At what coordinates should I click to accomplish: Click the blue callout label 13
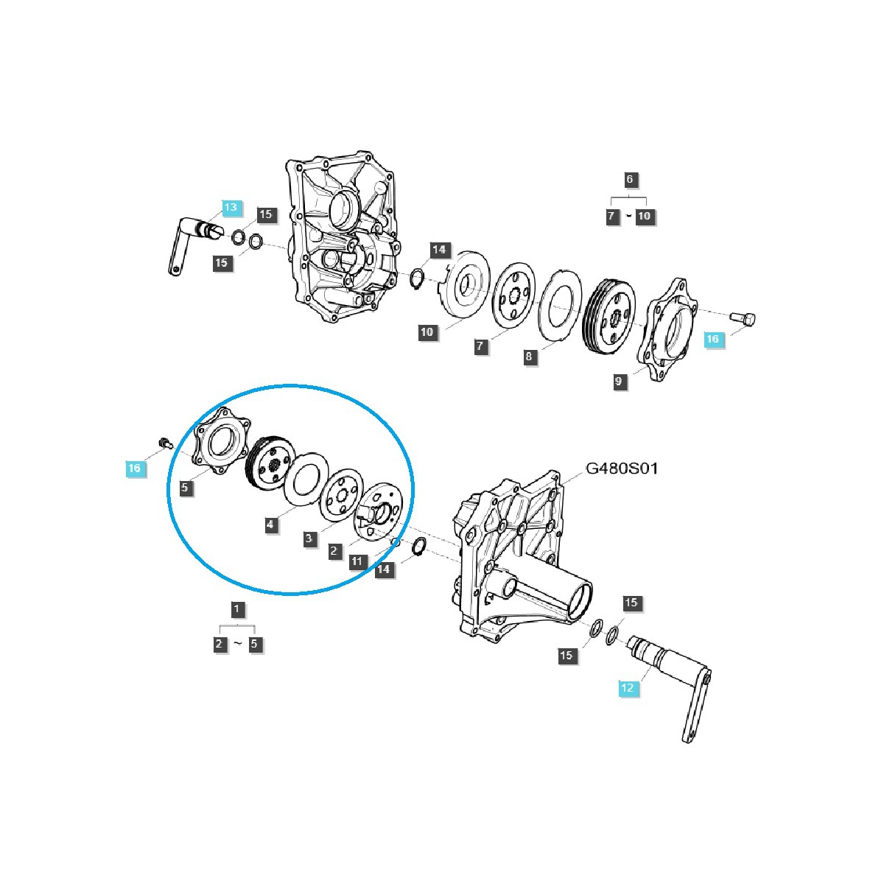(x=231, y=208)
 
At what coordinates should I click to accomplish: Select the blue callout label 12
(x=627, y=688)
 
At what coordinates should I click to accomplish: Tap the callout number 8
(x=529, y=357)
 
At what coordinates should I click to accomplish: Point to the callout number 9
(x=619, y=381)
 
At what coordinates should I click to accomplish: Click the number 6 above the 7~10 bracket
(x=628, y=179)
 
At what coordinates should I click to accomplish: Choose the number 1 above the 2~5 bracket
(x=236, y=609)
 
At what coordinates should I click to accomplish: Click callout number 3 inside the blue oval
(x=309, y=539)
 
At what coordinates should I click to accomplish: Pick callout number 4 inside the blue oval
(x=271, y=525)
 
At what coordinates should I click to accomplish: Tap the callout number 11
(x=357, y=561)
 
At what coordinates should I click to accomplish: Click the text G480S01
(x=622, y=469)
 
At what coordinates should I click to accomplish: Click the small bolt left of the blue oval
(x=164, y=442)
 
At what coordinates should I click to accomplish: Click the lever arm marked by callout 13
(x=188, y=243)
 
